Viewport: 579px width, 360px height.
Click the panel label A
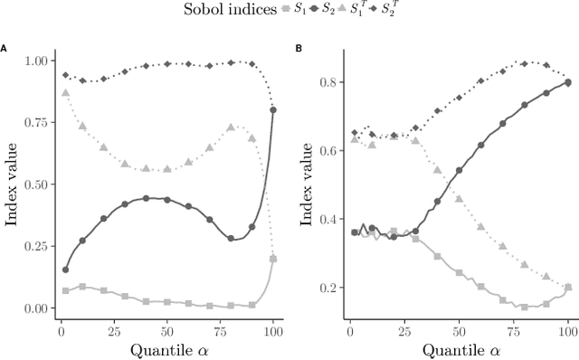5,48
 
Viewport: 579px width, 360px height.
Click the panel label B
299,48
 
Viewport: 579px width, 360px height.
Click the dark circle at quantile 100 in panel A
273,110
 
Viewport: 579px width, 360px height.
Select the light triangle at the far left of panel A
64,93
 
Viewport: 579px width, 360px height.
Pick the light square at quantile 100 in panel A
273,259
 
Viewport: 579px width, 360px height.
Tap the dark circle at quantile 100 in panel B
568,82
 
